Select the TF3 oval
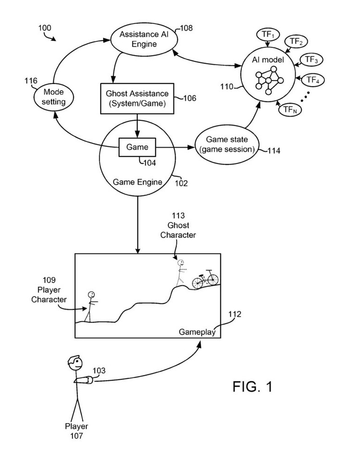[312, 60]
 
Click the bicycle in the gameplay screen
[205, 280]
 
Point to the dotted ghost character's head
[181, 263]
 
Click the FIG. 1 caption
[252, 387]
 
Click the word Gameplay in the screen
[197, 331]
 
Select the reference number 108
[186, 28]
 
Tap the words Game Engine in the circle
[137, 182]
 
